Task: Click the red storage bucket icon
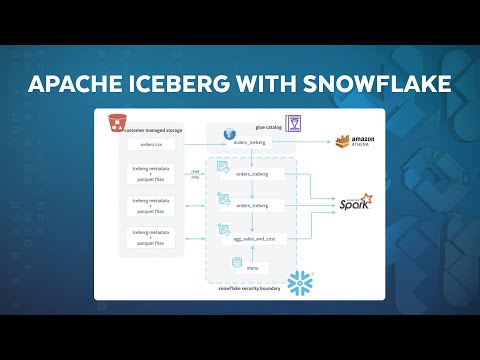click(x=117, y=124)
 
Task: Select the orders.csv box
click(x=152, y=144)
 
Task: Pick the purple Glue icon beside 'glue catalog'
click(x=293, y=122)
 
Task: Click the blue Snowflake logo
click(x=300, y=283)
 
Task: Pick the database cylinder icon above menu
click(x=238, y=262)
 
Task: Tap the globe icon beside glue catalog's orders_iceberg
click(x=228, y=133)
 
